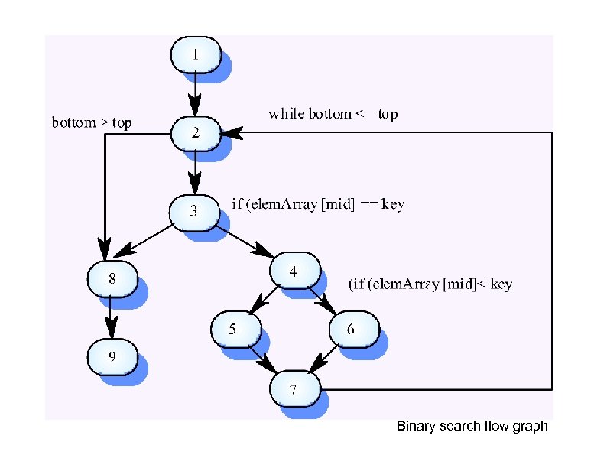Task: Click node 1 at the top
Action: pyautogui.click(x=196, y=54)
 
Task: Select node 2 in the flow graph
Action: pyautogui.click(x=196, y=133)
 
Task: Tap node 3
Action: pyautogui.click(x=194, y=211)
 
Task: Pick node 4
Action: pyautogui.click(x=294, y=271)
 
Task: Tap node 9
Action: pyautogui.click(x=112, y=356)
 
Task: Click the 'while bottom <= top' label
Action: pyautogui.click(x=333, y=114)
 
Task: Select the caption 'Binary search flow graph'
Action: pyautogui.click(x=472, y=426)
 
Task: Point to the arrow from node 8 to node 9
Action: pyautogui.click(x=112, y=317)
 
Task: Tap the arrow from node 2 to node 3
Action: pyautogui.click(x=196, y=172)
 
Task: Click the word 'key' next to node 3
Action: pyautogui.click(x=391, y=205)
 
